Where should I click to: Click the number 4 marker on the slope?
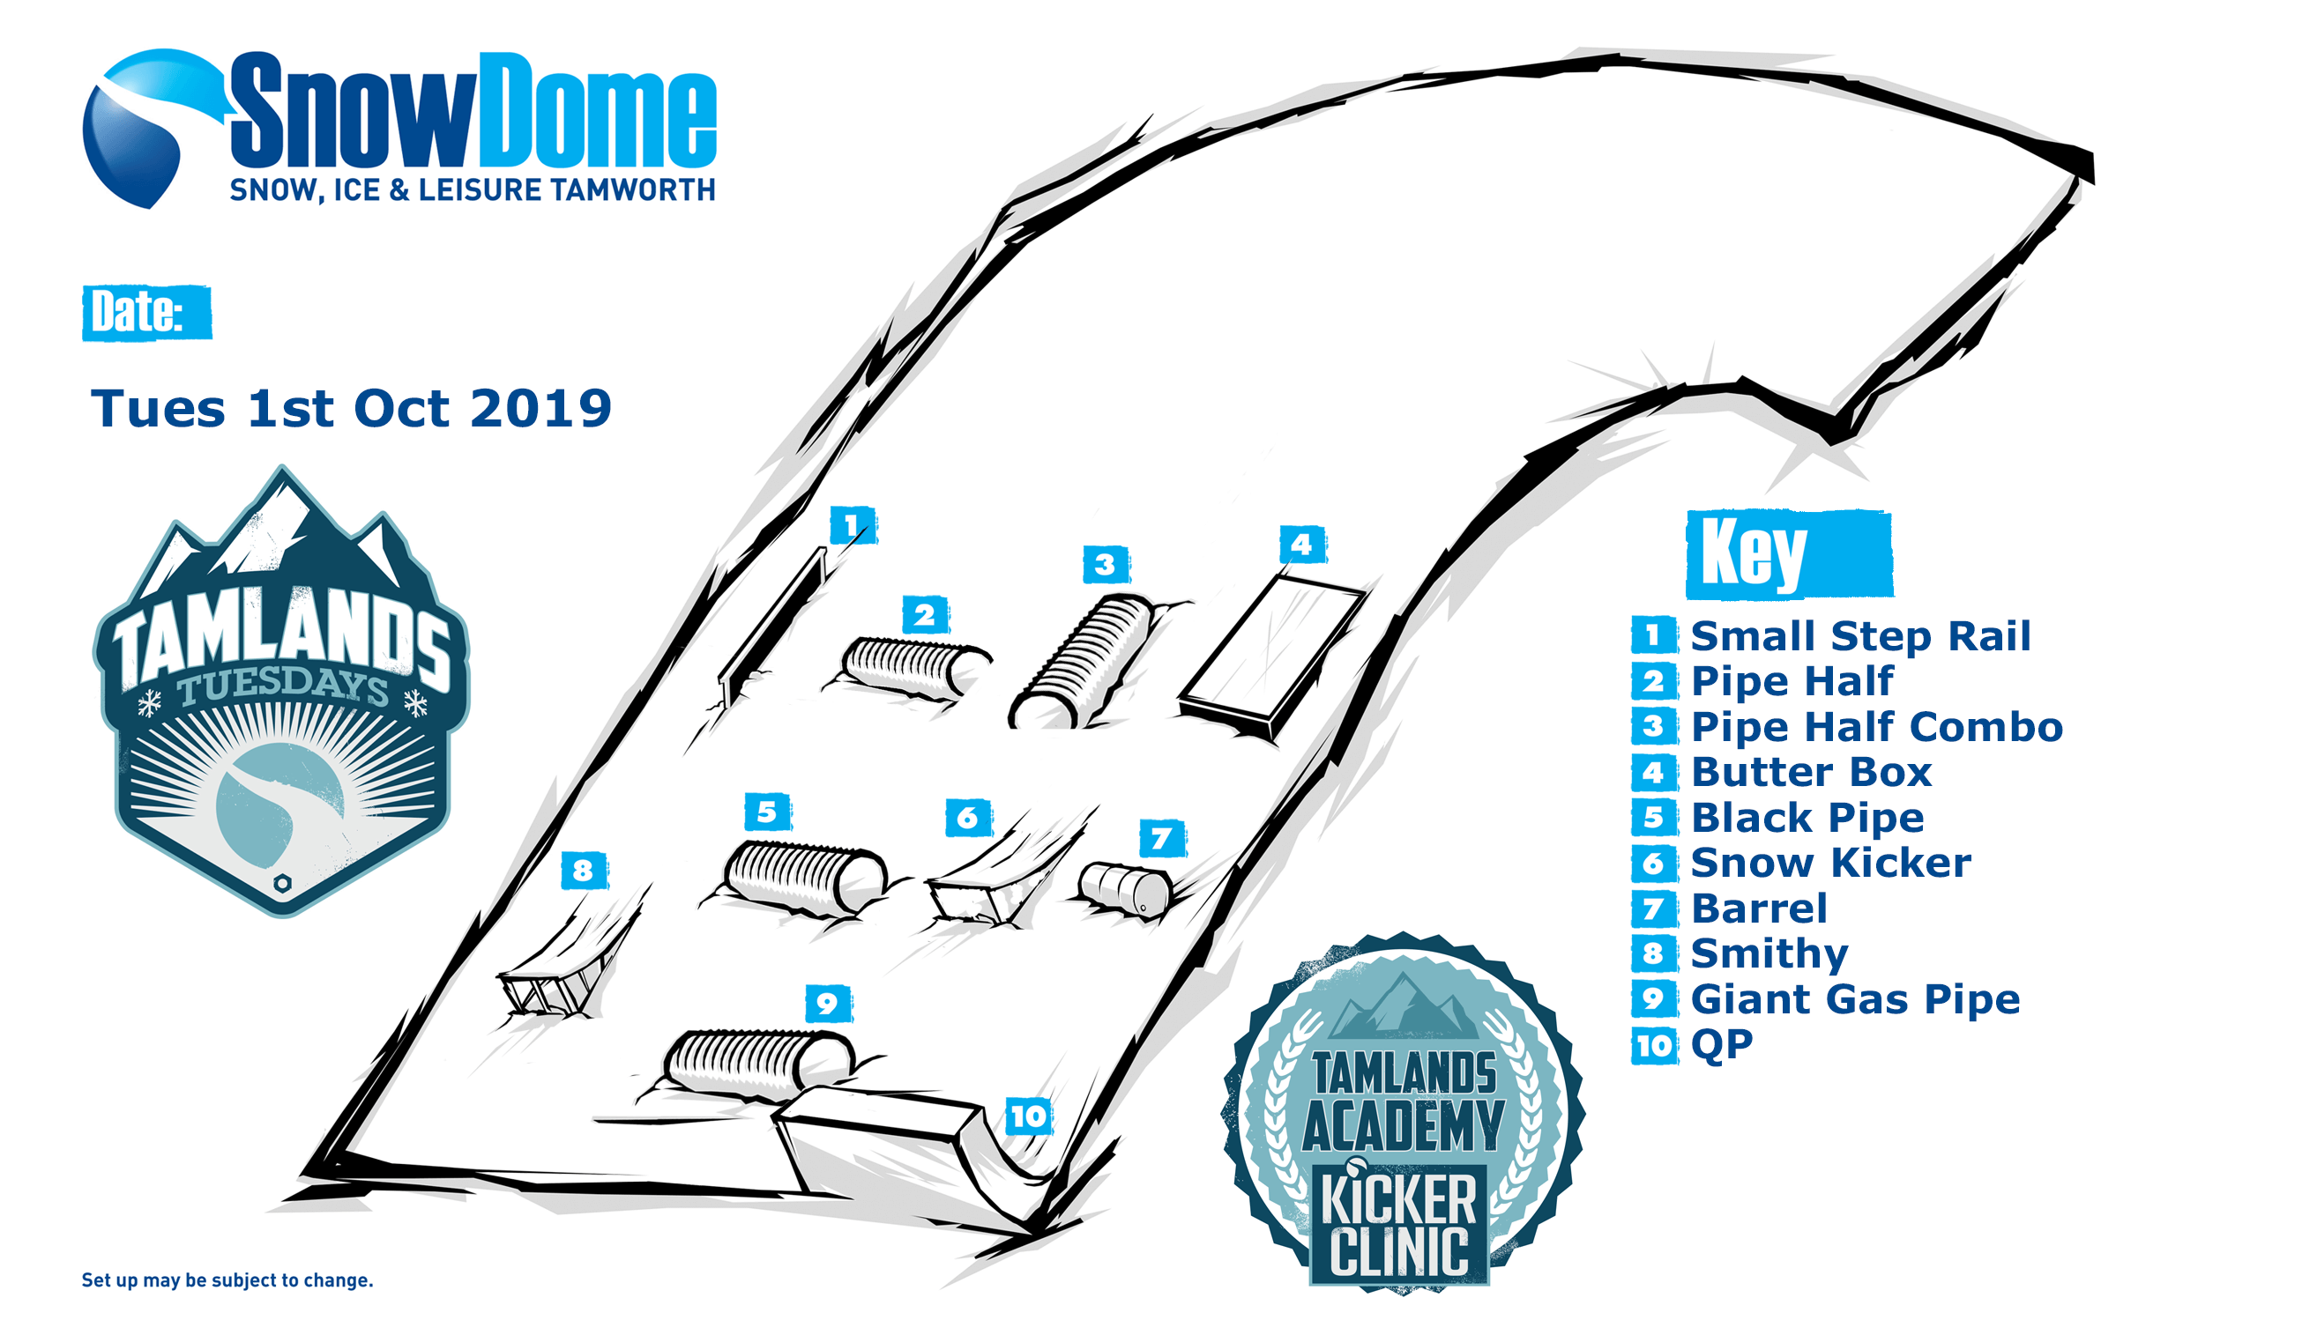coord(1301,545)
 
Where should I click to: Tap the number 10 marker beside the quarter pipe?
coord(1028,1116)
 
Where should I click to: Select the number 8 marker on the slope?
coord(584,870)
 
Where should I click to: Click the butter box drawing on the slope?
coord(1273,656)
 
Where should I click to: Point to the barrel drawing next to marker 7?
coord(1126,888)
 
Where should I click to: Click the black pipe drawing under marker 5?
coord(805,877)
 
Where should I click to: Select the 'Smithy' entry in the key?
coord(1769,954)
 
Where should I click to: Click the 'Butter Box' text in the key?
coord(1811,772)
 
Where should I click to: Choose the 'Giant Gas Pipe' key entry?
coord(1855,999)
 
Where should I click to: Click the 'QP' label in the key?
coord(1721,1045)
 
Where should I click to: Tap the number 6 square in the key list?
coord(1654,863)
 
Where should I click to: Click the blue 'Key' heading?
coord(1789,553)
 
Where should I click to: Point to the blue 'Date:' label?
coord(146,313)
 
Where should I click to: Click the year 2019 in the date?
coord(540,408)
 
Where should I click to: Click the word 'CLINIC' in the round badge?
coord(1399,1251)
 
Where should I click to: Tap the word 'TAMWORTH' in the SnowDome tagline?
coord(633,189)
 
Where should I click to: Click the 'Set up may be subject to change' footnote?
coord(227,1280)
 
